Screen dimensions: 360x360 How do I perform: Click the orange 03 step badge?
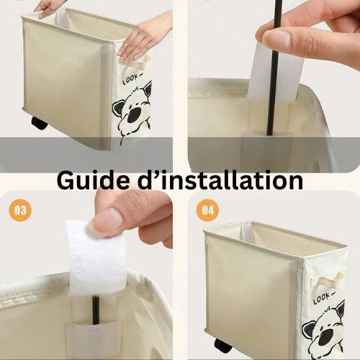click(21, 210)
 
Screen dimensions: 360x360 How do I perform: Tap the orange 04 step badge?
click(208, 210)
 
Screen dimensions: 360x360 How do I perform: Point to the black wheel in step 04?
click(223, 346)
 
